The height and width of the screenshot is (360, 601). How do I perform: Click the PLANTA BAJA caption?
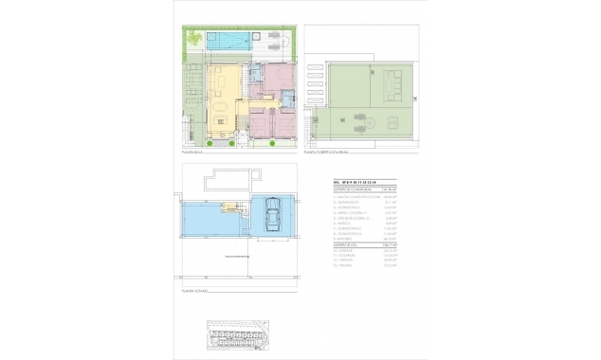pyautogui.click(x=195, y=151)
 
